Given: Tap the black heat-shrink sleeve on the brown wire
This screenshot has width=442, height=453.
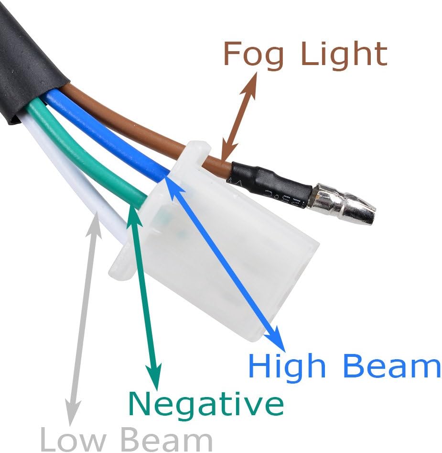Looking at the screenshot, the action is pos(270,185).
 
